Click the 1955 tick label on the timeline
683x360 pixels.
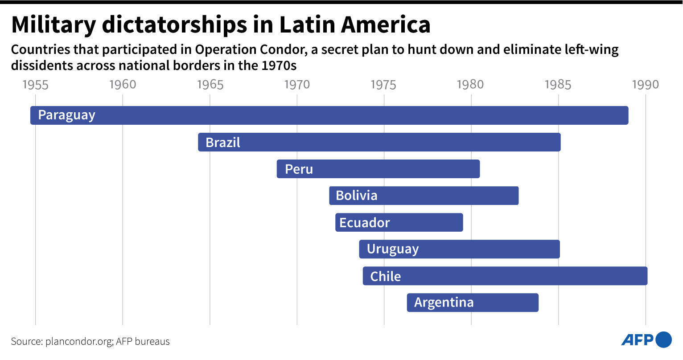[x=35, y=85]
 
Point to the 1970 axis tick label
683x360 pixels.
[x=297, y=85]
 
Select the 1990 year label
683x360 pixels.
[x=645, y=85]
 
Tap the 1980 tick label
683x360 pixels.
[x=471, y=85]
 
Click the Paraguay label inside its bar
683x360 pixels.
[x=66, y=115]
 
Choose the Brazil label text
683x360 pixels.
[x=222, y=143]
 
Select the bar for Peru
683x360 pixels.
[x=378, y=169]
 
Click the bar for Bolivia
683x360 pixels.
[x=424, y=196]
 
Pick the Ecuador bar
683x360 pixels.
[x=399, y=223]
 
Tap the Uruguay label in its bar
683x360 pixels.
[x=392, y=250]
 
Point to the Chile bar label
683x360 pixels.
[x=385, y=276]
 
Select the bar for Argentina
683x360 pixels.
[x=473, y=303]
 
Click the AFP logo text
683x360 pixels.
[x=637, y=340]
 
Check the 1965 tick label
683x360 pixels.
[x=210, y=85]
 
